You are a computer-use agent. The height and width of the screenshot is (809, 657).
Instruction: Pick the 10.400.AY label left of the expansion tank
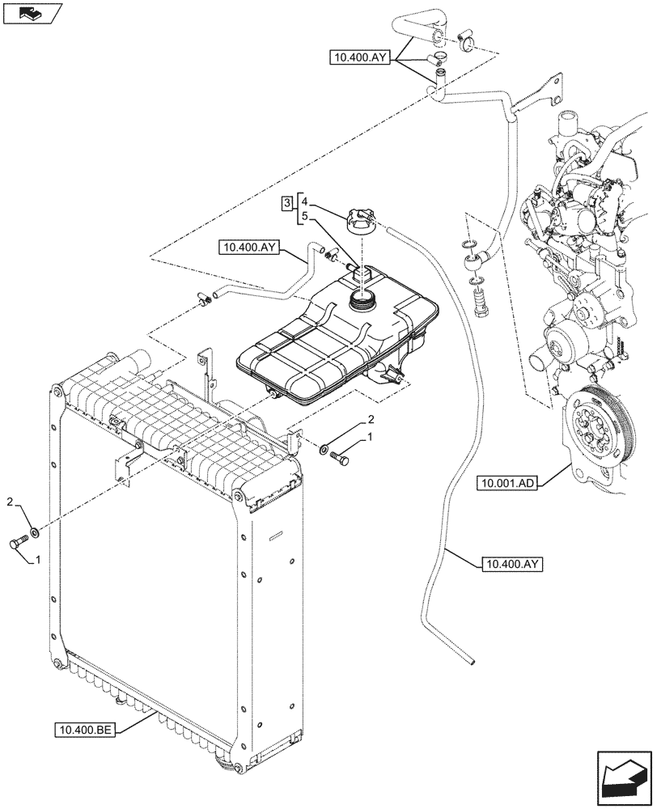tap(248, 248)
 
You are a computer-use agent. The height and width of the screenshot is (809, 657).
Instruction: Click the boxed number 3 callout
tap(286, 201)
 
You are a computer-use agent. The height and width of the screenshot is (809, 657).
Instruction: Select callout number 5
tap(305, 217)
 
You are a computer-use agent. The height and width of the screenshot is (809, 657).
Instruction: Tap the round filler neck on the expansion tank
tap(361, 302)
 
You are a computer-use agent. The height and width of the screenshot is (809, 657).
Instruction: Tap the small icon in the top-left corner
tap(33, 13)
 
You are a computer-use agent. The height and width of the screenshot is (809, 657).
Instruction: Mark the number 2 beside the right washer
tap(371, 420)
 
